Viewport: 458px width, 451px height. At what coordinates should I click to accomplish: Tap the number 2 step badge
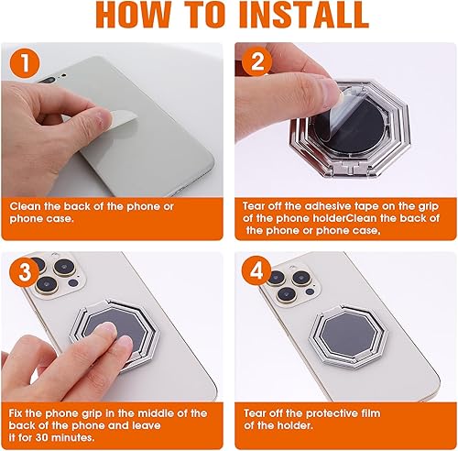pos(256,62)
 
